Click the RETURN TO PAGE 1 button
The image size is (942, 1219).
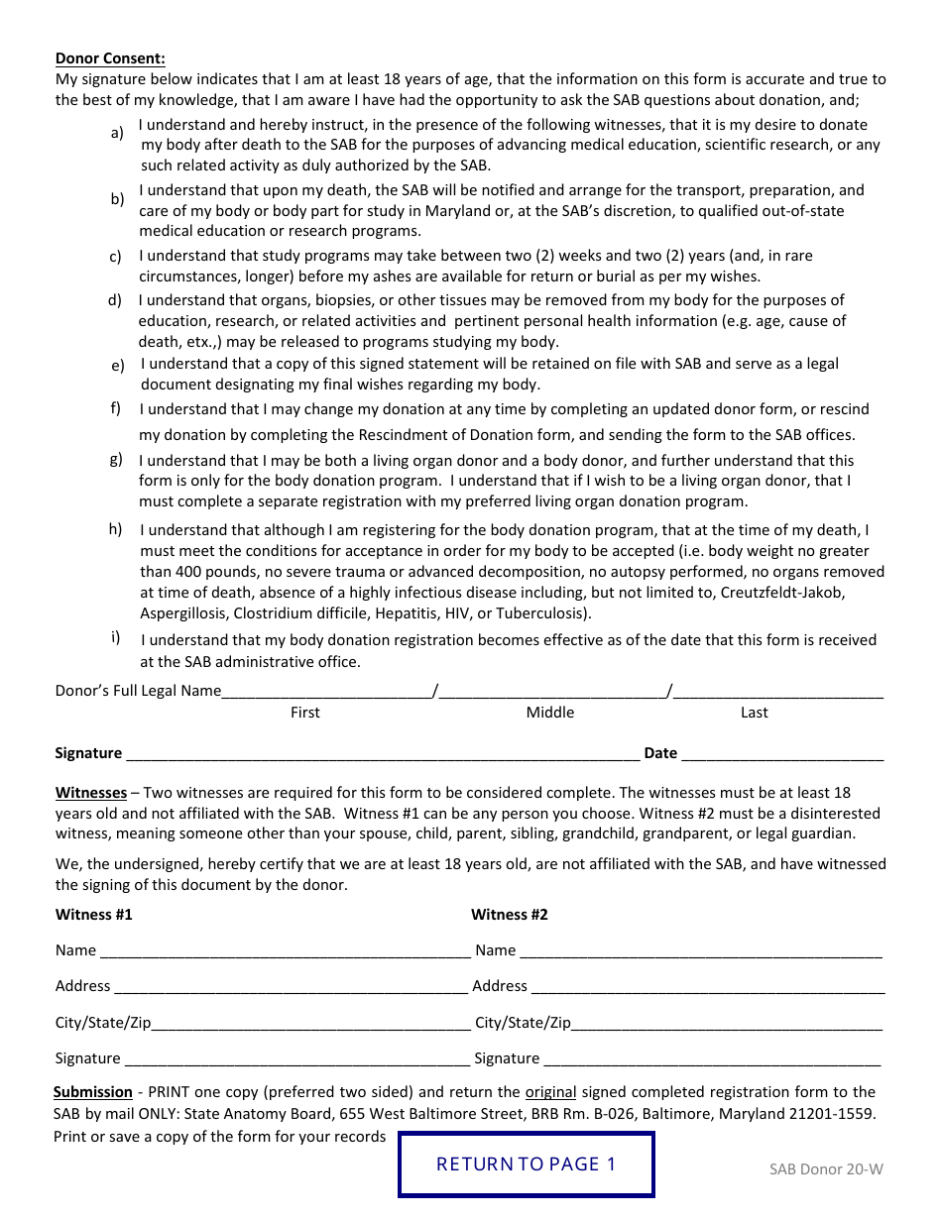tap(526, 1164)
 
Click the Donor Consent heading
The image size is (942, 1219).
tap(110, 58)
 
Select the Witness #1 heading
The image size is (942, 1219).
tap(93, 915)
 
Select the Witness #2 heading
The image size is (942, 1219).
tap(509, 915)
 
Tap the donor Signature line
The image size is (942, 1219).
tap(382, 752)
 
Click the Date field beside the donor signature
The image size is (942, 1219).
tap(782, 752)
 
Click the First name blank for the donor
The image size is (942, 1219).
tap(327, 690)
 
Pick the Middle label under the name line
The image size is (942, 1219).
tap(550, 713)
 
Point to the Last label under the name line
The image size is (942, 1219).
tap(755, 713)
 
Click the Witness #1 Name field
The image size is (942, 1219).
tap(285, 950)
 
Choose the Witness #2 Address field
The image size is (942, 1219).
tap(706, 986)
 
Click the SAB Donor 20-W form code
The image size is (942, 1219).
tap(826, 1168)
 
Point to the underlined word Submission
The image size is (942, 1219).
tap(93, 1092)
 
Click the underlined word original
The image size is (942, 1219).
tap(550, 1092)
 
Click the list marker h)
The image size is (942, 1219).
tap(116, 529)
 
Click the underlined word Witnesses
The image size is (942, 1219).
tap(91, 793)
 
